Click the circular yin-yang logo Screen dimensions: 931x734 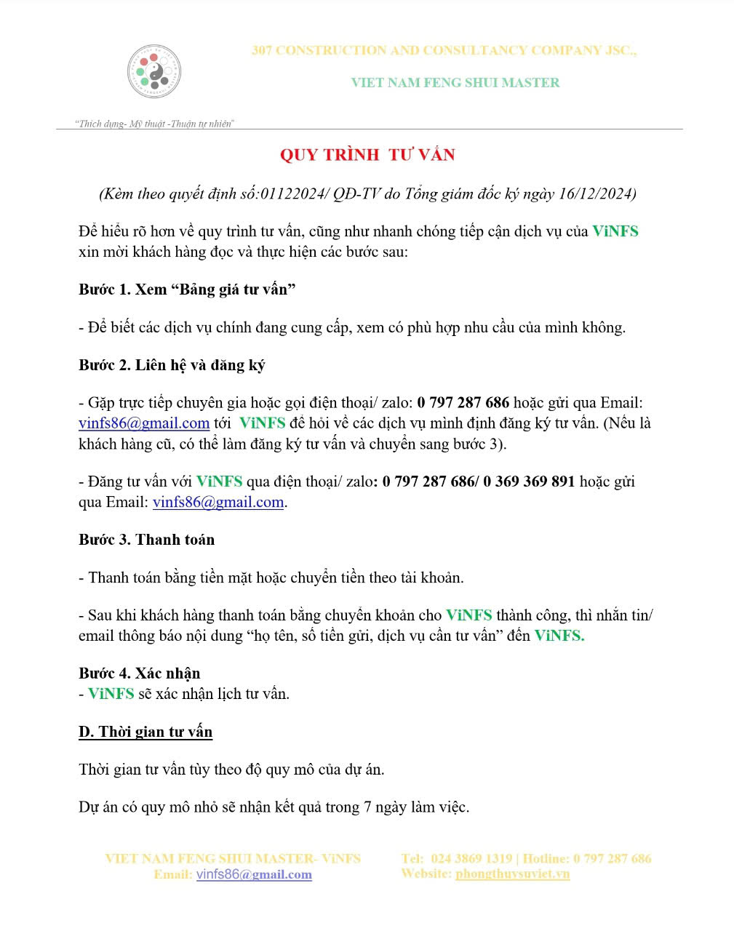pos(154,71)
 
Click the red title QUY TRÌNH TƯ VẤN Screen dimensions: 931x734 pos(367,154)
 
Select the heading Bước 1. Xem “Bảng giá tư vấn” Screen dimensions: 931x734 pos(187,289)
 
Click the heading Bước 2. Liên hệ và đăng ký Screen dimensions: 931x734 pos(172,365)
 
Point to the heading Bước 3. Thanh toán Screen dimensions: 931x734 pos(146,540)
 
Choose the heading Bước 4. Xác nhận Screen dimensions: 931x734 pos(139,673)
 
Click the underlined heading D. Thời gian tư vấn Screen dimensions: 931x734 pos(145,732)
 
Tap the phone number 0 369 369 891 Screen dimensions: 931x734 pos(529,482)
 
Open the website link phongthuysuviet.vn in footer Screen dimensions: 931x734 pos(512,874)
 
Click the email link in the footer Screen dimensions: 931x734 pos(254,874)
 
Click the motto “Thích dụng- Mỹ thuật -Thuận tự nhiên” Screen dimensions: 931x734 pos(154,124)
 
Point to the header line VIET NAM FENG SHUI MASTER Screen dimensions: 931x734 pos(455,82)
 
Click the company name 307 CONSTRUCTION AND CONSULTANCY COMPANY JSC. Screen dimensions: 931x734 pos(444,50)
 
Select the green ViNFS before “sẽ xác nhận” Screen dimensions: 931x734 pos(111,694)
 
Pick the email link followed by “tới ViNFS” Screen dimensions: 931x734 pos(144,423)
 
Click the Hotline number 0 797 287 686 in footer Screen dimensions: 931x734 pos(612,858)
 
